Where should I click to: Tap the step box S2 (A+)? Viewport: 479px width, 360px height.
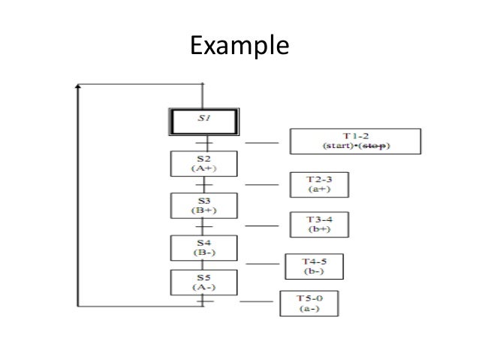pyautogui.click(x=204, y=163)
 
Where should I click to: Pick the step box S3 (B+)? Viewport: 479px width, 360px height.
pyautogui.click(x=204, y=205)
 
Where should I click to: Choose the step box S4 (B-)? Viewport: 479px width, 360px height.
pyautogui.click(x=204, y=247)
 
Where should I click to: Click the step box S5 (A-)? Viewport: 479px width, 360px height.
pyautogui.click(x=204, y=282)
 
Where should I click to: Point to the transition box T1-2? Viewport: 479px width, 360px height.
pyautogui.click(x=356, y=140)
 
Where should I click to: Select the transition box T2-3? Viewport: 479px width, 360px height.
pyautogui.click(x=321, y=183)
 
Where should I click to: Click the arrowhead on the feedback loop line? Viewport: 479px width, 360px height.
pyautogui.click(x=77, y=89)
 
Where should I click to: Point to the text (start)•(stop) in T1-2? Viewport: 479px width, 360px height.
pyautogui.click(x=356, y=145)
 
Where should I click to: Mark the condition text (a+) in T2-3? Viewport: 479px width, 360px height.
pyautogui.click(x=321, y=189)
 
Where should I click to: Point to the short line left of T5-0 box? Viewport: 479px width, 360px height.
pyautogui.click(x=256, y=302)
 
